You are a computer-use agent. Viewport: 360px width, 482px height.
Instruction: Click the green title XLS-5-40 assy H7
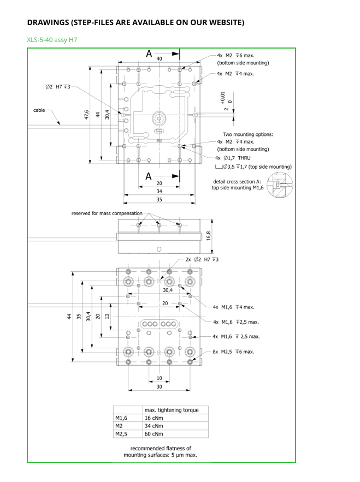(x=52, y=40)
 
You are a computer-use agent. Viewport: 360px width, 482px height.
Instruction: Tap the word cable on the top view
(x=39, y=110)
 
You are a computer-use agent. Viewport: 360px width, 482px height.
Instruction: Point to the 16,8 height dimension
(x=209, y=236)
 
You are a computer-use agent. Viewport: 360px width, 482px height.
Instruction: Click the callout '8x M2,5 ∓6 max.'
(x=233, y=352)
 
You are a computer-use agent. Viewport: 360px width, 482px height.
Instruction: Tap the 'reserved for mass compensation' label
(x=107, y=213)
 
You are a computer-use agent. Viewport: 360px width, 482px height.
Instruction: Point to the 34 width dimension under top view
(x=159, y=192)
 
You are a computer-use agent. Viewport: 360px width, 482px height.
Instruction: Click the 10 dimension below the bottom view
(x=159, y=378)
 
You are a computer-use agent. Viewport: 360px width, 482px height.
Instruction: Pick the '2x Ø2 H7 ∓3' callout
(x=202, y=259)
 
